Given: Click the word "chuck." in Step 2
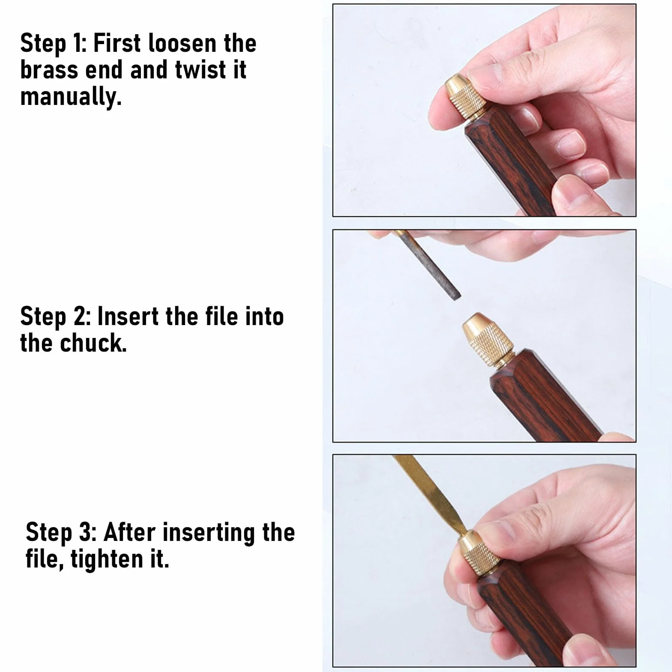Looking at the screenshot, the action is pos(93,343).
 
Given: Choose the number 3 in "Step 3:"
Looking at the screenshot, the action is pos(86,533).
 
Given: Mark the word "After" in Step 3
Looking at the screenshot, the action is pos(129,533).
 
